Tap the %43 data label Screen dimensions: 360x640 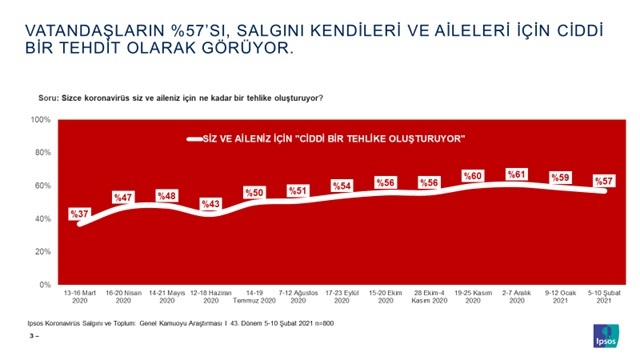[210, 203]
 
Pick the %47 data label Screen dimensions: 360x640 [123, 197]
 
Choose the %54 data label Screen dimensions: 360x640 [341, 186]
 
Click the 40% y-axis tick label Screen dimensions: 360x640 [43, 218]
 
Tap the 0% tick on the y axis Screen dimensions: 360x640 [46, 284]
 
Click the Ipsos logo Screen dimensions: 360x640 [606, 334]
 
